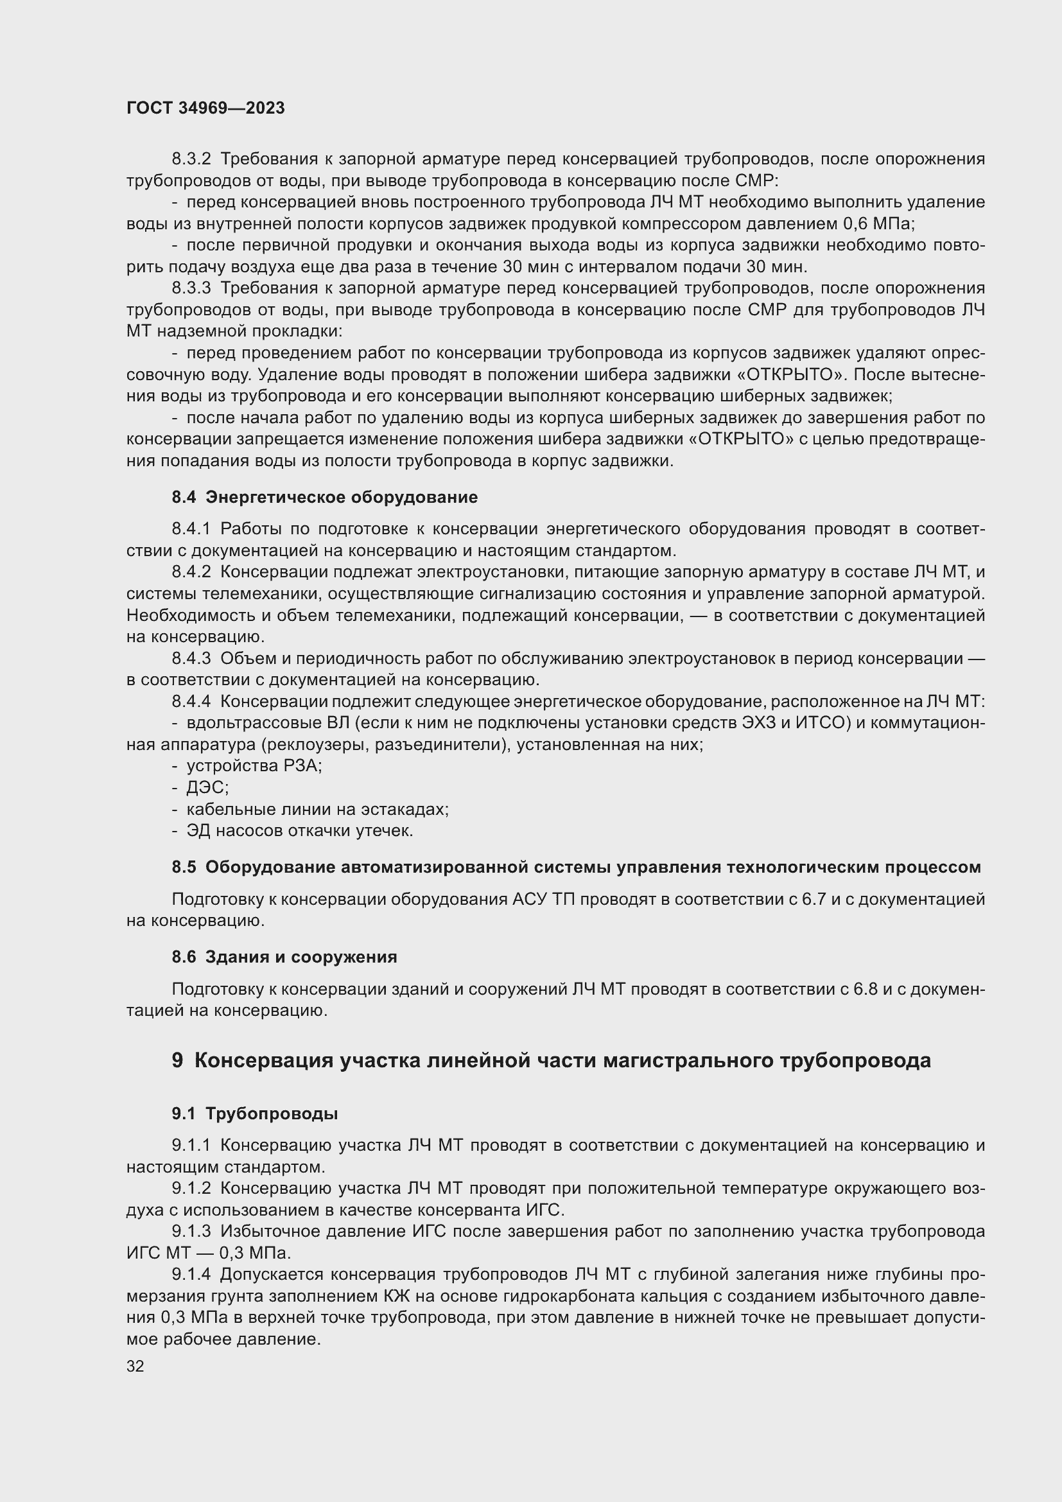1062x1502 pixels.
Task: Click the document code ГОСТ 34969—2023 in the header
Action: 205,108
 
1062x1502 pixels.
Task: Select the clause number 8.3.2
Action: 191,159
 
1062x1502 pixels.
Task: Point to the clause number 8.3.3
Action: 191,288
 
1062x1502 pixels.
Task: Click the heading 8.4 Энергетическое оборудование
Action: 324,497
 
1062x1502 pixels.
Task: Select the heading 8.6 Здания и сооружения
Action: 284,957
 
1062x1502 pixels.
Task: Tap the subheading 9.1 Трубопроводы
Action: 254,1113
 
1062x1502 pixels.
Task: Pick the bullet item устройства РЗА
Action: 254,766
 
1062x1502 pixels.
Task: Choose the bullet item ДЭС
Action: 207,788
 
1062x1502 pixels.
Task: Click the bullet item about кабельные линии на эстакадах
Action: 317,809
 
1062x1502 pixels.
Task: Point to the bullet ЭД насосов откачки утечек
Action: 299,831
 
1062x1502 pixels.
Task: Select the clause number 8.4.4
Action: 191,701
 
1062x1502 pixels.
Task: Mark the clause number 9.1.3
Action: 191,1232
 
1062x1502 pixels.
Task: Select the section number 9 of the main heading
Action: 177,1060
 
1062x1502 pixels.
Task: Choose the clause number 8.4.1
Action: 191,528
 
